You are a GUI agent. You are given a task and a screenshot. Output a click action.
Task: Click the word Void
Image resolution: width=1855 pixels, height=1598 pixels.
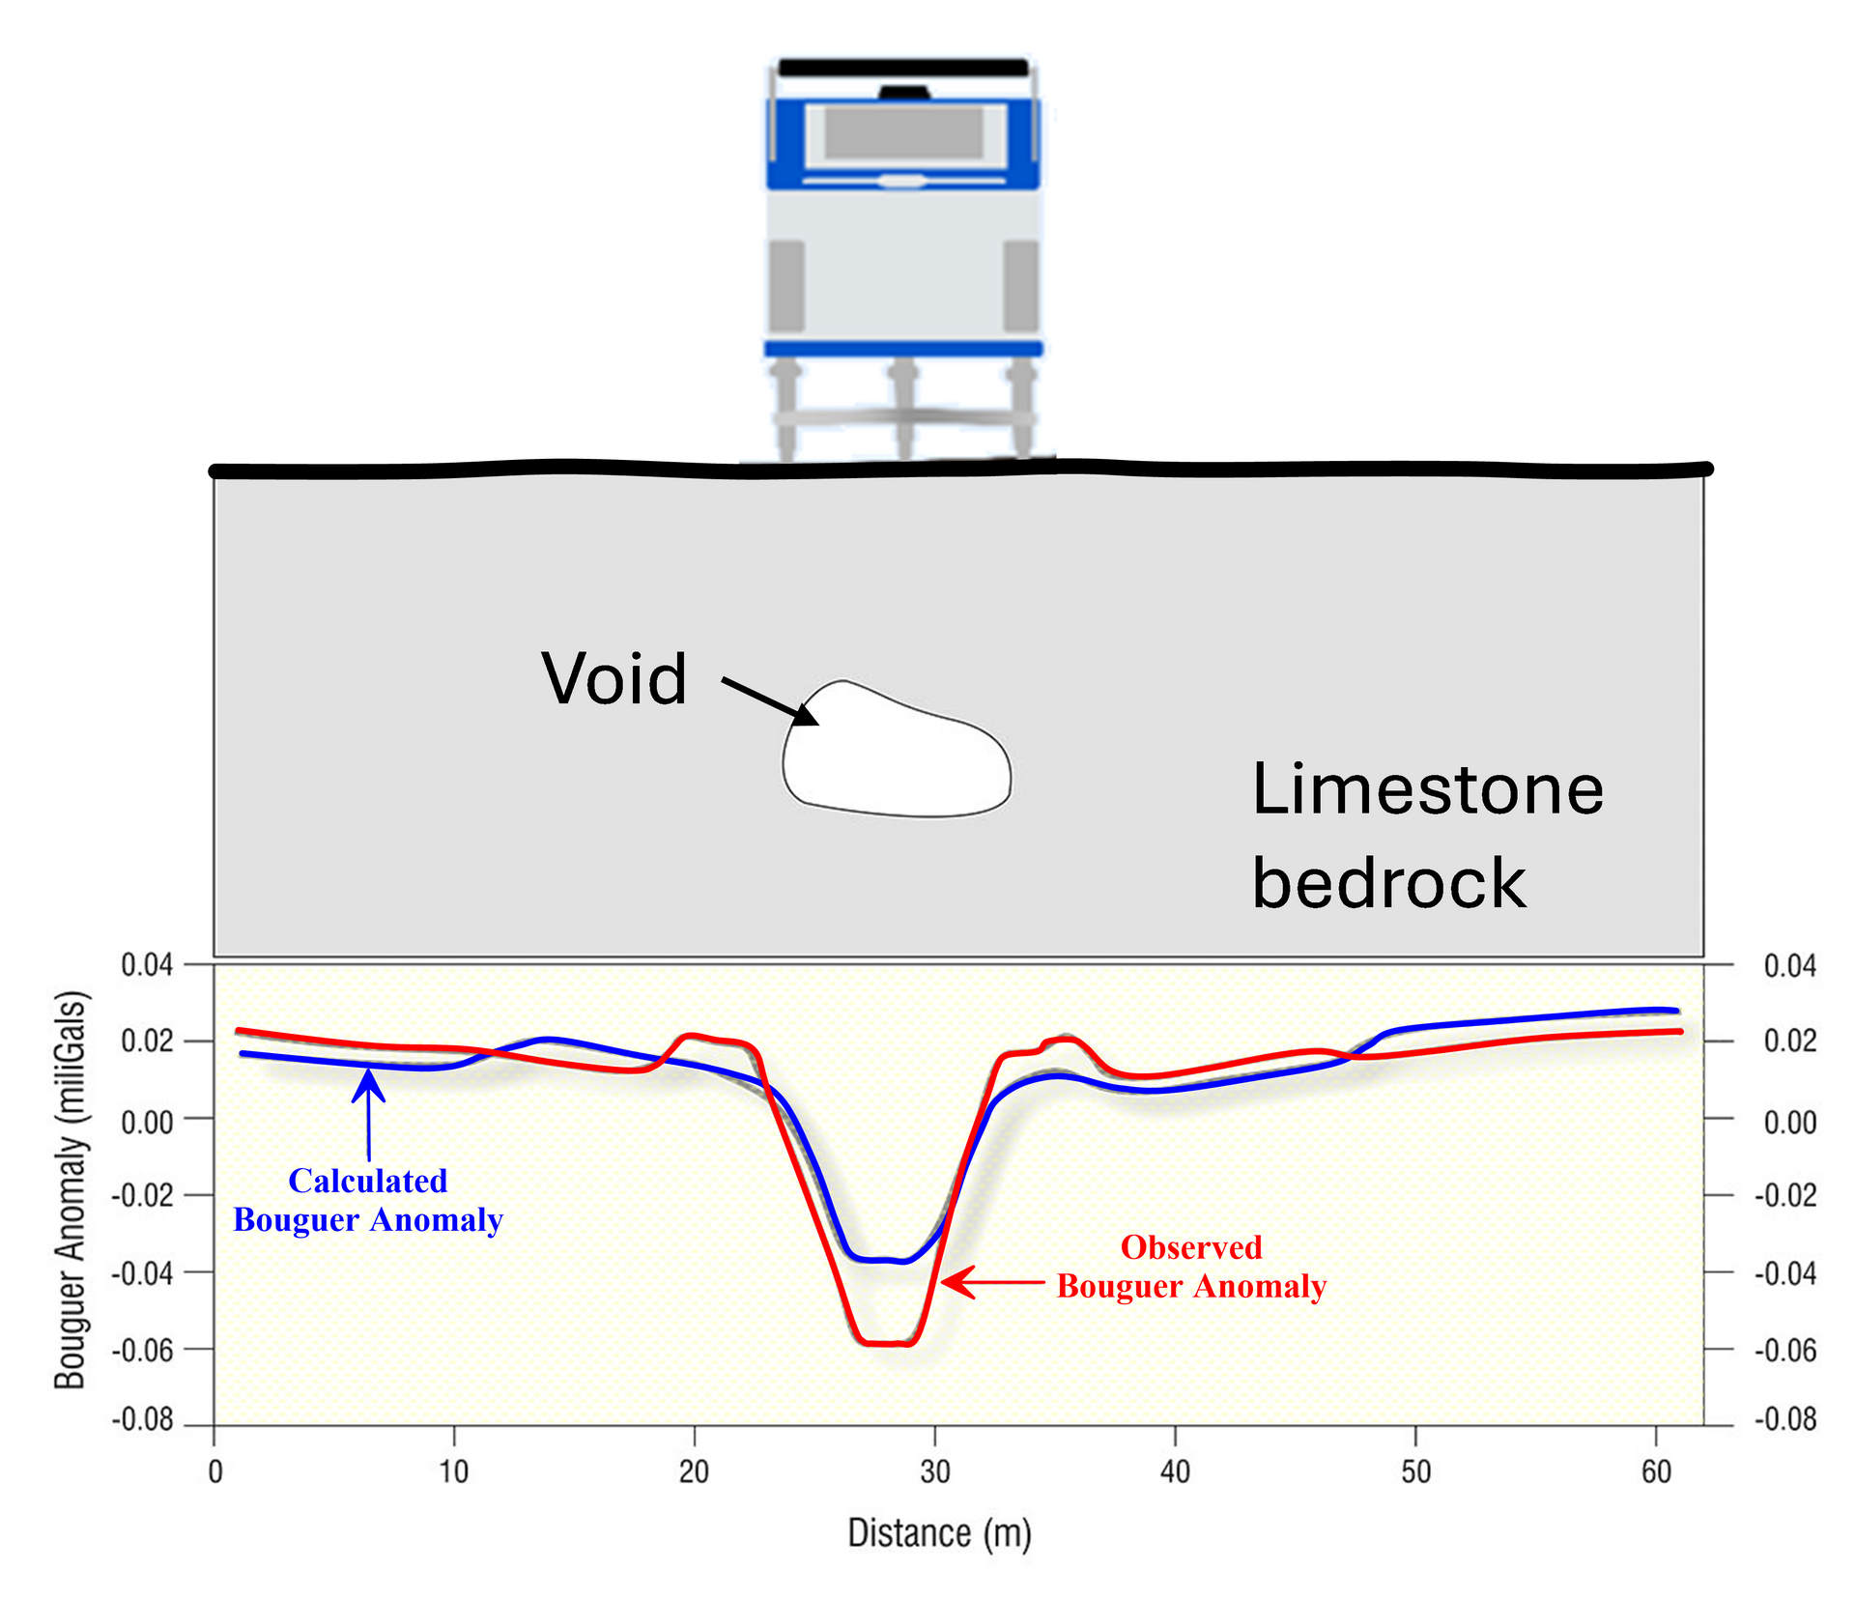tap(614, 679)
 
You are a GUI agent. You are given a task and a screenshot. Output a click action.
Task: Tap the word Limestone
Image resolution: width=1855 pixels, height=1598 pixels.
tap(1427, 790)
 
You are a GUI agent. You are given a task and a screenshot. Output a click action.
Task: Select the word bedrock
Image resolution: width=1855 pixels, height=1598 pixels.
tap(1388, 883)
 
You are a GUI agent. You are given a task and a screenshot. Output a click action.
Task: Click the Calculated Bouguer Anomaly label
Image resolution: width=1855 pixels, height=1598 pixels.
tap(368, 1200)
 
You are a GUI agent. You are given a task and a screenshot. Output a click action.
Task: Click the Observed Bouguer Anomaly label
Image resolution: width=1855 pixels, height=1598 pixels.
tap(1191, 1267)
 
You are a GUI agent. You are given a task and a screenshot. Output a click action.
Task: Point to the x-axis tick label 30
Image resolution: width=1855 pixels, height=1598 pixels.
tap(934, 1471)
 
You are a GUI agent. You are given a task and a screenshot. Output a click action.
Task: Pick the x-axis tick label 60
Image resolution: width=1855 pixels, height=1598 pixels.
tap(1656, 1471)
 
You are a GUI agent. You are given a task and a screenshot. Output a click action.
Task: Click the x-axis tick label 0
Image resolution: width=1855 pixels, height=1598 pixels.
tap(214, 1471)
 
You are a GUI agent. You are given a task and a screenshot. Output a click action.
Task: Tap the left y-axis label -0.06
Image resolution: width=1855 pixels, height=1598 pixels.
tap(142, 1350)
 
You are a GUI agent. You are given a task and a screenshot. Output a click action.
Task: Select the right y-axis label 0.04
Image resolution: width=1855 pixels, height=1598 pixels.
tap(1789, 965)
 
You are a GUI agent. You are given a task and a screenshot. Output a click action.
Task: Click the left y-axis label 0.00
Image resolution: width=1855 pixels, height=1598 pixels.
tap(147, 1123)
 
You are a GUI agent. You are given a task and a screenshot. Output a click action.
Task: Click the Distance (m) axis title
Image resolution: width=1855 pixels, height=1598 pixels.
tap(939, 1533)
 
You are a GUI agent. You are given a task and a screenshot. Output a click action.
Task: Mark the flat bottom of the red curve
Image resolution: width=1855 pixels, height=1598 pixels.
tap(887, 1343)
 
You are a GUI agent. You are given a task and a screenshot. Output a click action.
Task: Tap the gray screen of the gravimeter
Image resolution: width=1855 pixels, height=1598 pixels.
tap(903, 132)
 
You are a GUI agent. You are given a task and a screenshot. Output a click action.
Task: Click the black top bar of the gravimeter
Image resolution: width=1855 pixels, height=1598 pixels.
tap(903, 68)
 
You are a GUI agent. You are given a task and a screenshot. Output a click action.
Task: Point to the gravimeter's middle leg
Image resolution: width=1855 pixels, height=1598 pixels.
tap(903, 406)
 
